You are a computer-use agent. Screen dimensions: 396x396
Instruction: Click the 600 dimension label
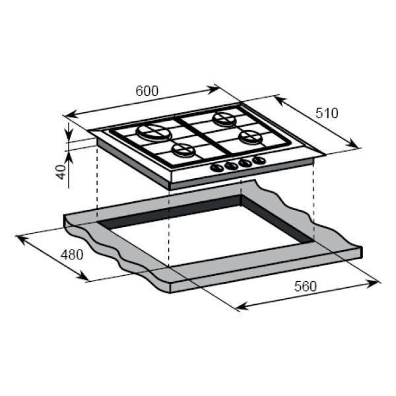[x=147, y=91]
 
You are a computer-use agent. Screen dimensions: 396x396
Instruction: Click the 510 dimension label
[x=327, y=113]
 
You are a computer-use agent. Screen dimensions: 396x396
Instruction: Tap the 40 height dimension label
[x=61, y=172]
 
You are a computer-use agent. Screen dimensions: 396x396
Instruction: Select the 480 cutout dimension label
[x=72, y=255]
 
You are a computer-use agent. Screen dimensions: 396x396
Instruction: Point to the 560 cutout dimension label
[x=305, y=286]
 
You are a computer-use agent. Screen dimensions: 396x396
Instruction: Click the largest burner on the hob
[x=154, y=132]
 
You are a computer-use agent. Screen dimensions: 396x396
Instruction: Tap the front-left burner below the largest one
[x=184, y=150]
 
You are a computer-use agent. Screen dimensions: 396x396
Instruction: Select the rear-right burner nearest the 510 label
[x=224, y=118]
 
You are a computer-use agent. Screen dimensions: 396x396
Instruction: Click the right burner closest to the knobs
[x=251, y=137]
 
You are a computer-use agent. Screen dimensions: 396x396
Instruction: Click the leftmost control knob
[x=217, y=168]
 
